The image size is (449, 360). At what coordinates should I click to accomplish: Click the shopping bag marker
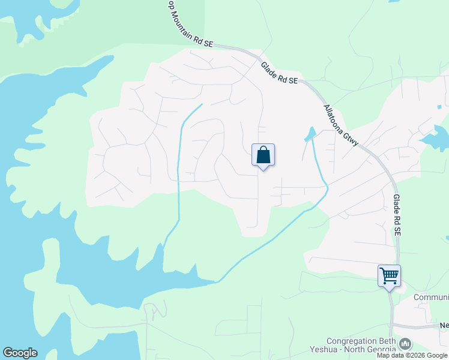click(263, 155)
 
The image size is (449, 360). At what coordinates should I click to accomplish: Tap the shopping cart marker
click(389, 276)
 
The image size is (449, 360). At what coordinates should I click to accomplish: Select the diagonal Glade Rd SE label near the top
click(279, 73)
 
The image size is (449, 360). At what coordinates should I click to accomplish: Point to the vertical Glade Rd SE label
click(397, 215)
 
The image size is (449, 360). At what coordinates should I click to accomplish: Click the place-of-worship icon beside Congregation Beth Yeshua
click(405, 344)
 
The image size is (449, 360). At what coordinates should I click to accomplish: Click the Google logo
click(20, 353)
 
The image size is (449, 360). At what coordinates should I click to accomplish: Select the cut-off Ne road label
click(444, 326)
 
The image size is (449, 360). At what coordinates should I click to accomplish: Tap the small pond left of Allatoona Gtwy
click(310, 134)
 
